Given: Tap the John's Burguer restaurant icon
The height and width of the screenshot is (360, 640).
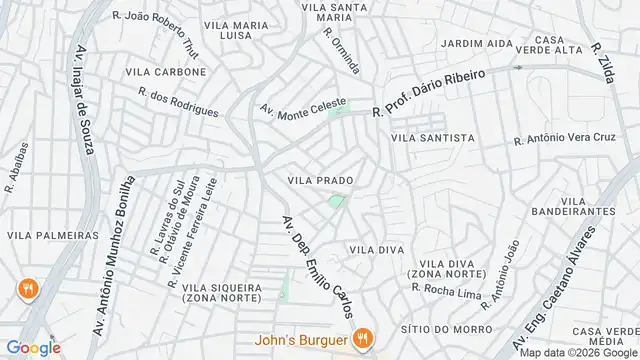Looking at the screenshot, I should (x=366, y=338).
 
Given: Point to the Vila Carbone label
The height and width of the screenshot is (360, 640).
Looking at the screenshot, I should (x=166, y=72).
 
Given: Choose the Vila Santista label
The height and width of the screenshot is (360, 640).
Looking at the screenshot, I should (x=433, y=138).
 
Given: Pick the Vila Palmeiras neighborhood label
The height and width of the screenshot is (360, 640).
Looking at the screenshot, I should (x=53, y=235).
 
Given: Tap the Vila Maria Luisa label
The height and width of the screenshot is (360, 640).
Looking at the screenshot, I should (x=240, y=29).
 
